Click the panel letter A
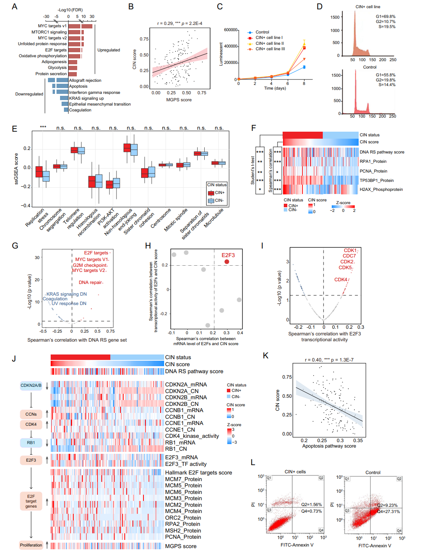click(14, 7)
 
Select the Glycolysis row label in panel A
click(57, 68)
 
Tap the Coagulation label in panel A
click(80, 110)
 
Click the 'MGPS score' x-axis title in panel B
click(179, 100)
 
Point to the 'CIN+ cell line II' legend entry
click(269, 43)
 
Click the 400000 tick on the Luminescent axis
click(231, 46)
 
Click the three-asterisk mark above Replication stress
click(43, 127)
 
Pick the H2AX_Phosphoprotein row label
click(381, 190)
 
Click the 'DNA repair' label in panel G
click(90, 282)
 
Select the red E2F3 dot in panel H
click(227, 262)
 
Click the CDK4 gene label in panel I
click(340, 280)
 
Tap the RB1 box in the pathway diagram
click(31, 443)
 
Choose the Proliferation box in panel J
click(31, 545)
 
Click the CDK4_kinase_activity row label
click(192, 436)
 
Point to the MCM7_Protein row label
click(183, 479)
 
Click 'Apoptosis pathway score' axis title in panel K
click(329, 446)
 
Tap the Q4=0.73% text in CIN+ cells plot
click(311, 511)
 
